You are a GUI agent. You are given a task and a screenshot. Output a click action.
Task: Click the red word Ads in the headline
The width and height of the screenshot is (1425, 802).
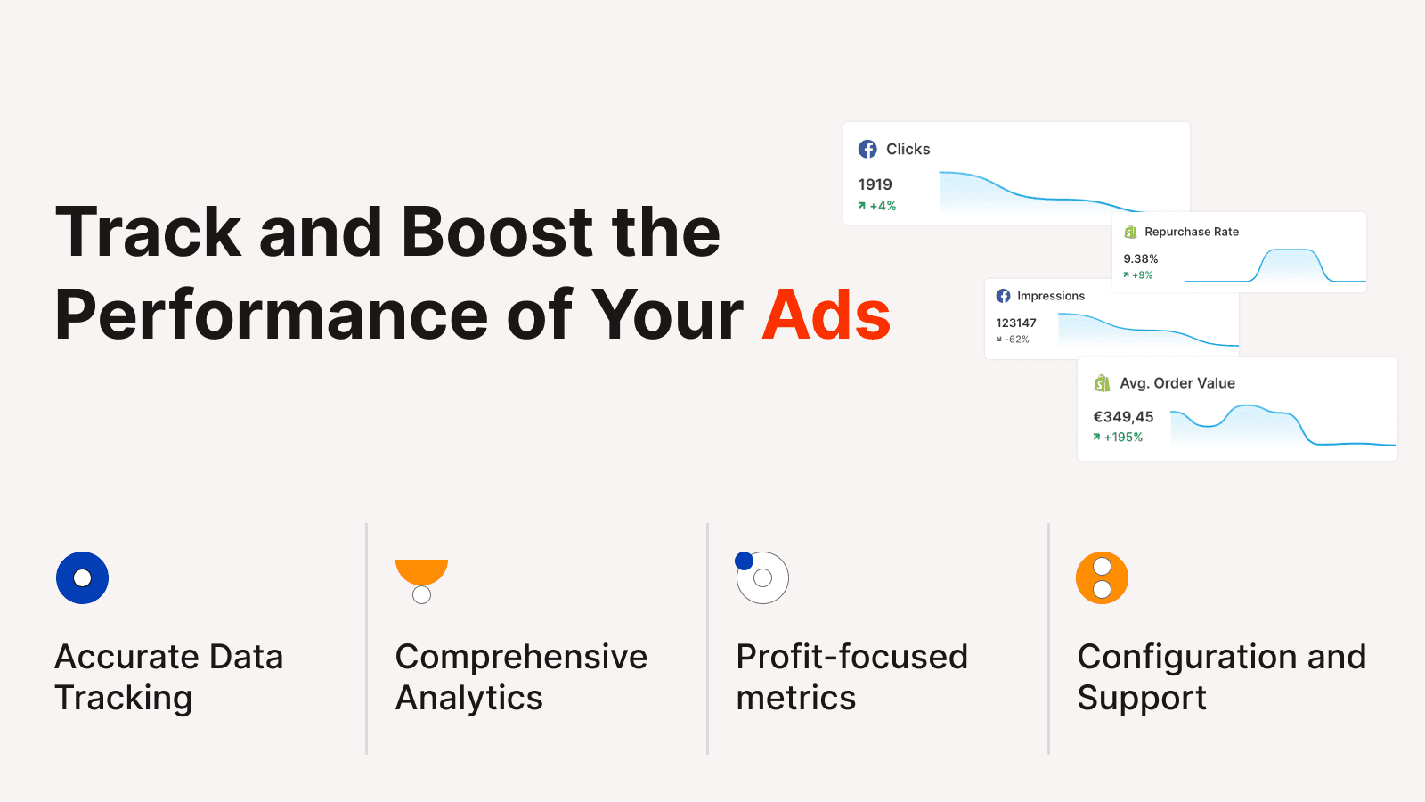826,315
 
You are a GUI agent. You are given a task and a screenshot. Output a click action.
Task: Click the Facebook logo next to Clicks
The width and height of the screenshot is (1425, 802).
867,149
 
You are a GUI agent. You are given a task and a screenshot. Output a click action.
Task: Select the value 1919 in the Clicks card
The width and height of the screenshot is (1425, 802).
875,184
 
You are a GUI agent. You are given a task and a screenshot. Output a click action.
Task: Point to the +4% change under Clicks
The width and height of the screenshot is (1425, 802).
876,206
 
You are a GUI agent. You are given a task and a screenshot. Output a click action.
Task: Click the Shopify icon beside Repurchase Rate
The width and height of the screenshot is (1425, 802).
1130,232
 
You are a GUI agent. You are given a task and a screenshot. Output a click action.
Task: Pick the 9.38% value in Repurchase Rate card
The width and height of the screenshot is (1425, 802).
1141,258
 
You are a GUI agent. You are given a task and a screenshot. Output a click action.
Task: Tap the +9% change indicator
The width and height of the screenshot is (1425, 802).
1137,275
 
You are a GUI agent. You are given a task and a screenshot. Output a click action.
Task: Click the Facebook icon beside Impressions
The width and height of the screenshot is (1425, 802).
1003,296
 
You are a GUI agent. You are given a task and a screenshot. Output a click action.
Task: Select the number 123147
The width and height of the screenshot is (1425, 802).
1016,323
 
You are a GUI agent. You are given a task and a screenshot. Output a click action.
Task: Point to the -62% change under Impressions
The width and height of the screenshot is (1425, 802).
1013,340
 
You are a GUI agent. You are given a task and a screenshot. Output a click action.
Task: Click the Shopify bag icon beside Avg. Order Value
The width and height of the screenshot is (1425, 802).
1102,383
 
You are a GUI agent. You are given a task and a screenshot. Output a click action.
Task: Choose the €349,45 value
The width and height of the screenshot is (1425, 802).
1123,417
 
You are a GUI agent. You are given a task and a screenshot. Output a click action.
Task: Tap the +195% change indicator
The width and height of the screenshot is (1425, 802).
1118,438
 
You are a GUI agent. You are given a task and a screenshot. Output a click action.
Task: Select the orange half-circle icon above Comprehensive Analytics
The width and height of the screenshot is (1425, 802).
422,571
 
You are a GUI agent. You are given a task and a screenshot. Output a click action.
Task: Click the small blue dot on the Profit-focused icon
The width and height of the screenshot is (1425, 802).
744,561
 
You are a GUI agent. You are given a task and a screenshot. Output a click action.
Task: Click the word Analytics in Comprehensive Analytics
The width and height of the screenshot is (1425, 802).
468,698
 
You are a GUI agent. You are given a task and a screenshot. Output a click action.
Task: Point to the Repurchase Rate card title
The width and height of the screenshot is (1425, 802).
1192,232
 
